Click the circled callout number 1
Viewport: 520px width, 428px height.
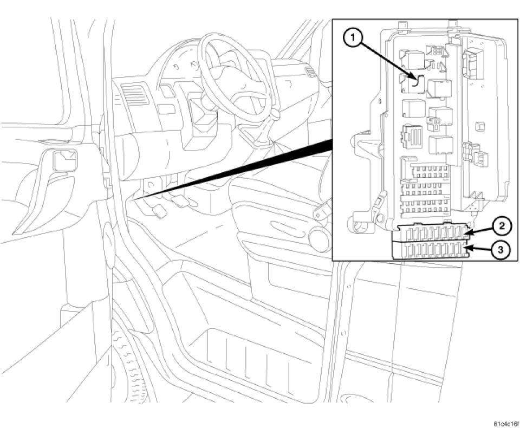pyautogui.click(x=353, y=38)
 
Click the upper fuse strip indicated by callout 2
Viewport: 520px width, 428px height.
pyautogui.click(x=430, y=233)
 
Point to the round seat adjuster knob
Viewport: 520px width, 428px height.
pyautogui.click(x=318, y=236)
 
